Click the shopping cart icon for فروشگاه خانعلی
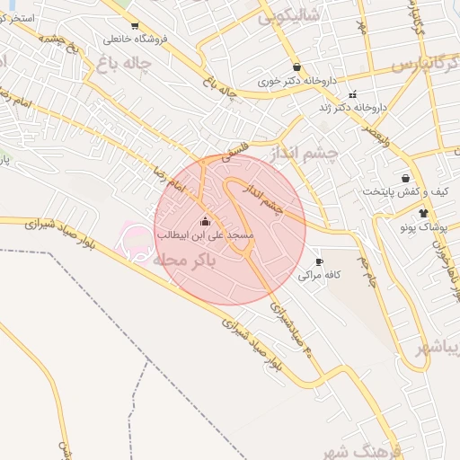click(x=134, y=26)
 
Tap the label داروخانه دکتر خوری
click(x=296, y=81)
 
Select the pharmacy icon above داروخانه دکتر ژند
click(x=352, y=94)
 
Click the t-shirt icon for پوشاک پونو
click(x=423, y=213)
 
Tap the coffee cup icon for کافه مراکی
click(x=318, y=262)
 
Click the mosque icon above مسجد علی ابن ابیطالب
click(x=205, y=221)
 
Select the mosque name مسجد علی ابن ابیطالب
click(x=205, y=234)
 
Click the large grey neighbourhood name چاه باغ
click(x=120, y=63)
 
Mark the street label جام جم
click(x=366, y=270)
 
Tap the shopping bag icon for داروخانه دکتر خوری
click(x=296, y=66)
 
